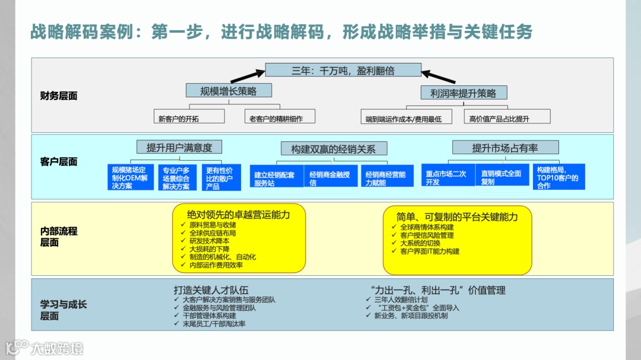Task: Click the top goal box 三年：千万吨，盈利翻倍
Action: [343, 70]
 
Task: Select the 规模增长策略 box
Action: [229, 91]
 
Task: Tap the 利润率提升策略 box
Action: [464, 93]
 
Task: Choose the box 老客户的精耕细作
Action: [280, 117]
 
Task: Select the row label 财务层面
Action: [59, 95]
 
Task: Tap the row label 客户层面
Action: [59, 161]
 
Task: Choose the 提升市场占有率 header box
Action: [505, 148]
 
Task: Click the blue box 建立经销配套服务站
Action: [277, 179]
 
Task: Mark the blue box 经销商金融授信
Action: [331, 178]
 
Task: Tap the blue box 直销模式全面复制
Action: [502, 177]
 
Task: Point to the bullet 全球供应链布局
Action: [212, 233]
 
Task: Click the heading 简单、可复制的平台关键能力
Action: [457, 216]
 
